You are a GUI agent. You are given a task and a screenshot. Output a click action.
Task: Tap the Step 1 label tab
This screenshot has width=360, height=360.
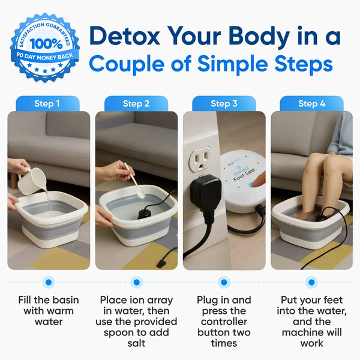47,104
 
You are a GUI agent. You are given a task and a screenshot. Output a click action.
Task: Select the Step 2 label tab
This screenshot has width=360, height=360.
136,104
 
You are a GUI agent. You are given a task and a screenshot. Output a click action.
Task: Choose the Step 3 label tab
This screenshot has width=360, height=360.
224,104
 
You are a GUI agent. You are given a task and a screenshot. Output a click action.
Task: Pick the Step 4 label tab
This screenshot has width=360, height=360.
311,104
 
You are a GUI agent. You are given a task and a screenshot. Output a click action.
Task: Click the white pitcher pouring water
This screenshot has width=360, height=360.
31,179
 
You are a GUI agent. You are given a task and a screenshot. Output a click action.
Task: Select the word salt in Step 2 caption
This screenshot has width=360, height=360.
136,343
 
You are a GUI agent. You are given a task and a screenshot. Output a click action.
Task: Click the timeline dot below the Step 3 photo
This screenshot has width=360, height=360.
224,281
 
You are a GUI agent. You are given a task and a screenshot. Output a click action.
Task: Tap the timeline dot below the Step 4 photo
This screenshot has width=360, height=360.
311,281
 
